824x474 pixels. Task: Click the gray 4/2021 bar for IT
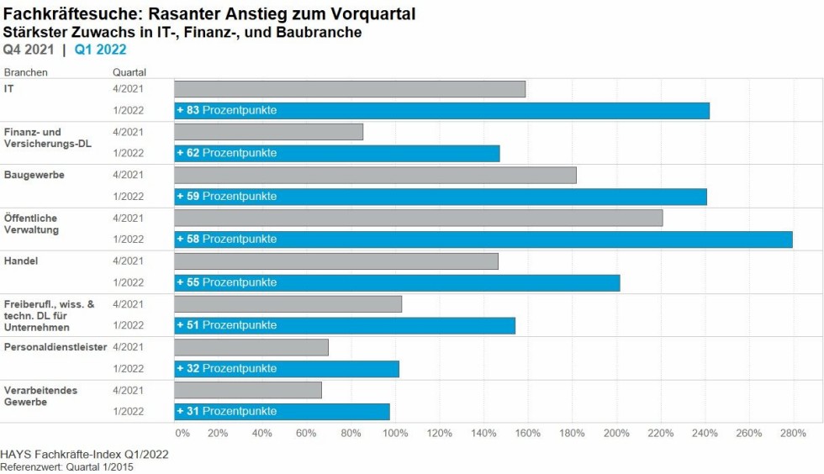(350, 89)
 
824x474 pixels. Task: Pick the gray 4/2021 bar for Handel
(336, 261)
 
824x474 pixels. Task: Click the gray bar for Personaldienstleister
(251, 347)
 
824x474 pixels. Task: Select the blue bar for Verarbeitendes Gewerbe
(336, 412)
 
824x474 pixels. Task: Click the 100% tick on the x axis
(394, 434)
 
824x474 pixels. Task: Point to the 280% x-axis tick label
(793, 434)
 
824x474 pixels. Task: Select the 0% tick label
(182, 434)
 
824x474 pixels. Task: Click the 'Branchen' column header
(26, 72)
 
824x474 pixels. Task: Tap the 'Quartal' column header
(129, 72)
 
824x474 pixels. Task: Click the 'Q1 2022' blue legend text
(101, 50)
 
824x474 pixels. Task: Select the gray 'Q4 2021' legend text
(29, 50)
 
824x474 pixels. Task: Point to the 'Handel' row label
(21, 261)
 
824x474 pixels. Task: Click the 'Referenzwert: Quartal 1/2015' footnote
(66, 466)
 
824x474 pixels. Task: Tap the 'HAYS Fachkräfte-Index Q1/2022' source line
(85, 455)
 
